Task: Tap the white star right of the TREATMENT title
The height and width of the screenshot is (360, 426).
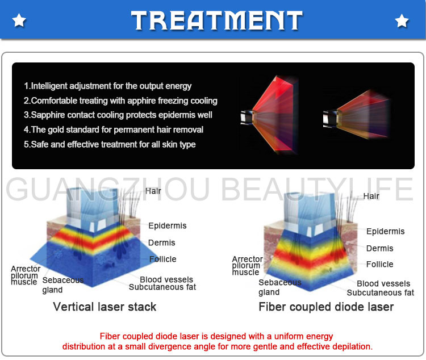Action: [x=402, y=21]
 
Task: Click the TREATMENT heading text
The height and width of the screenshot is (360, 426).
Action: [x=216, y=20]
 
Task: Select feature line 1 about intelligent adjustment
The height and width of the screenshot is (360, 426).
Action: [x=108, y=86]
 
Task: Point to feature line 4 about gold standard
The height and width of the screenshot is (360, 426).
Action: [x=114, y=129]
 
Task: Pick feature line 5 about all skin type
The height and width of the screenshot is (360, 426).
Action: [x=110, y=144]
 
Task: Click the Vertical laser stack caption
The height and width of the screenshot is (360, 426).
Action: [x=105, y=307]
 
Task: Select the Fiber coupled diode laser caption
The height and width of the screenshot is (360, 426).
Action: [x=326, y=307]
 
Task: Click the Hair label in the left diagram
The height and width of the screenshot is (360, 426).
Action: [x=153, y=191]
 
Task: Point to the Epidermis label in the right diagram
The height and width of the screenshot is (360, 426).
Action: [x=385, y=231]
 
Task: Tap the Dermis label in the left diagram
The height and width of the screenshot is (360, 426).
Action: [x=161, y=242]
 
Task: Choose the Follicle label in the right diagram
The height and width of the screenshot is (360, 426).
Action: [x=379, y=264]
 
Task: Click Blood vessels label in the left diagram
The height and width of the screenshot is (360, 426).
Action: [x=166, y=279]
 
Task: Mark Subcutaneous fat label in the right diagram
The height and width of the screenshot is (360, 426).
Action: [x=380, y=292]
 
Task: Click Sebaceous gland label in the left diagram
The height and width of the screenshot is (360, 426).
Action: [x=62, y=285]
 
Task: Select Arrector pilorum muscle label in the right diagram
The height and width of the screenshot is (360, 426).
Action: [x=247, y=266]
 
